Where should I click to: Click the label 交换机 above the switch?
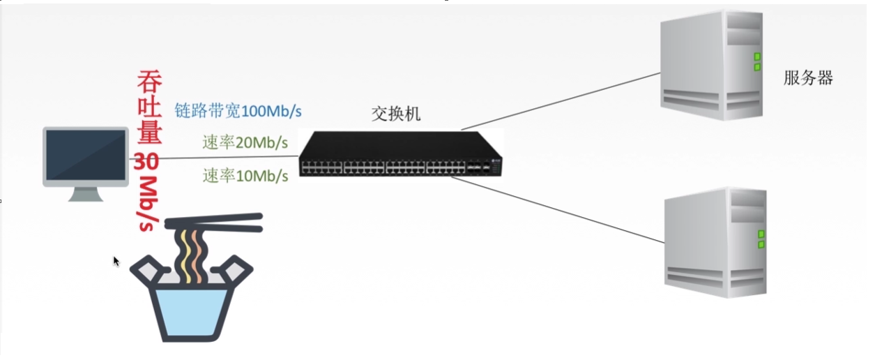[x=395, y=114]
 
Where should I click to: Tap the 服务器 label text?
[x=808, y=77]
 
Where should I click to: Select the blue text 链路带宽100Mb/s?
[x=242, y=110]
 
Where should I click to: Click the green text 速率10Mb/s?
[x=245, y=176]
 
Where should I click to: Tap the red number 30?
[x=146, y=161]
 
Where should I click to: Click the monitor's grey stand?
[x=86, y=194]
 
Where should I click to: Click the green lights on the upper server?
[x=756, y=61]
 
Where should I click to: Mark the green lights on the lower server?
[x=761, y=239]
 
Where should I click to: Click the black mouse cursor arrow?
[x=116, y=261]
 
